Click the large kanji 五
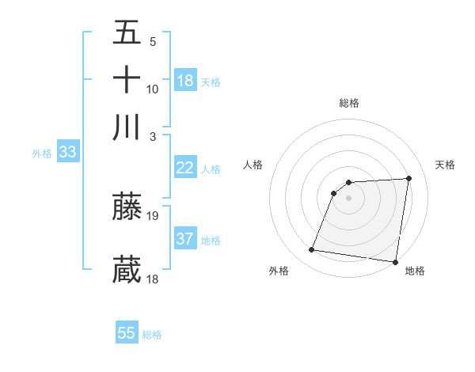[127, 33]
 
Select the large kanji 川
[127, 127]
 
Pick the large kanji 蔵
[127, 270]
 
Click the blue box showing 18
[185, 80]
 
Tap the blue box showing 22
[185, 168]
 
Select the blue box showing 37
[185, 239]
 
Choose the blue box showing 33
[66, 153]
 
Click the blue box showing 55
[127, 333]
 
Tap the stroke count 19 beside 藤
[154, 215]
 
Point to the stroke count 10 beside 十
[154, 89]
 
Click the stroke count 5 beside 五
[153, 42]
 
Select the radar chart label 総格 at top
[349, 103]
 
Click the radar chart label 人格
[253, 165]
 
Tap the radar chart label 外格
[279, 271]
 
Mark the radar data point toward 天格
[409, 178]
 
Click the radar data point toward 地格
[395, 262]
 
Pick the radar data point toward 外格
[312, 250]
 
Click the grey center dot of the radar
[349, 198]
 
